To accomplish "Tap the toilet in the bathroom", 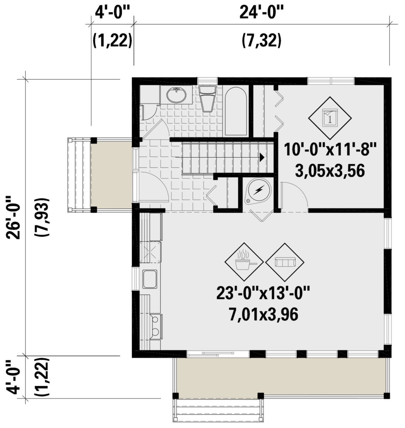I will [x=207, y=98].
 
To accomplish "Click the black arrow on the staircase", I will [x=262, y=157].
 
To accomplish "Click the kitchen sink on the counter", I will [x=150, y=279].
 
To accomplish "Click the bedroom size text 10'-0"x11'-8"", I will [x=330, y=149].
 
